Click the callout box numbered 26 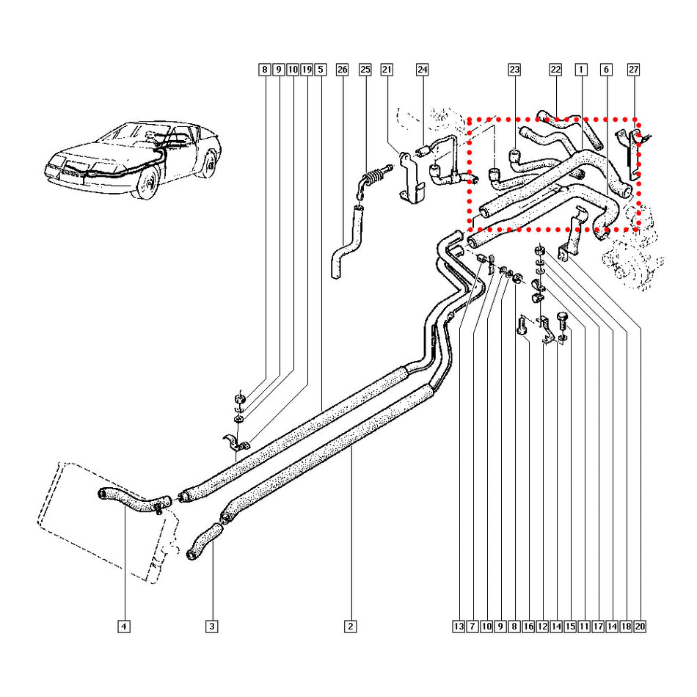342,70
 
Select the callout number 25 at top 365,70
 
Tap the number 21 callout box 387,70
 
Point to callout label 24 422,70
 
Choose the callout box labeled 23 514,70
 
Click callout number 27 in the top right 634,70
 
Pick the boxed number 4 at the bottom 124,627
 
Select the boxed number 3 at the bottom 211,627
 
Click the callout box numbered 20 640,627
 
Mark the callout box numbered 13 459,627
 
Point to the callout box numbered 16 528,627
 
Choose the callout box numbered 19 307,70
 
